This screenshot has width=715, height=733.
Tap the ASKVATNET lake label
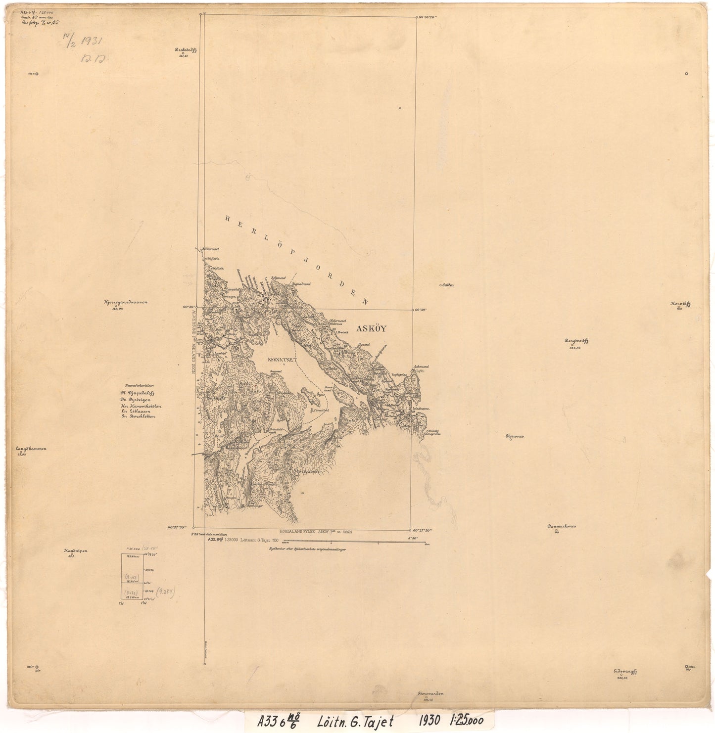click(x=280, y=360)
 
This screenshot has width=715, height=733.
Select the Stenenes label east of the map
click(x=514, y=436)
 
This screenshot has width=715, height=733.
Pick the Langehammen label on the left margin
click(x=31, y=449)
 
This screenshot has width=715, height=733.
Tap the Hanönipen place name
click(x=75, y=550)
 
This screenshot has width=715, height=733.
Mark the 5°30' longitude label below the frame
click(x=413, y=538)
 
